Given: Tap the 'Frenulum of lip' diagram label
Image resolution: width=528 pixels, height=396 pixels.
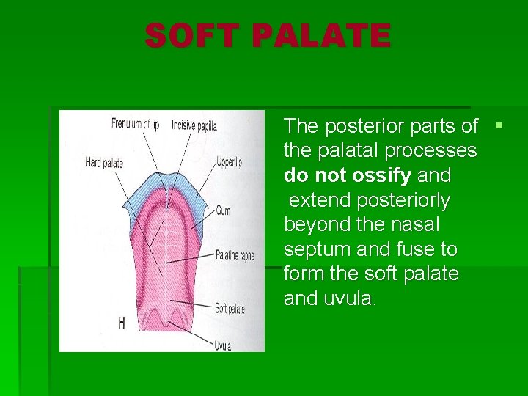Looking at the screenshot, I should pos(135,124).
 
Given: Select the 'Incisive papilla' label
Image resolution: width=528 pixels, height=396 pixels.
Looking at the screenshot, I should pos(194,125).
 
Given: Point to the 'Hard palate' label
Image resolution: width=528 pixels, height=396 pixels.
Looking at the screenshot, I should pos(104,163).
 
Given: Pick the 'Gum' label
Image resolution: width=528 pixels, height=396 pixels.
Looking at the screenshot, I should pos(223,210).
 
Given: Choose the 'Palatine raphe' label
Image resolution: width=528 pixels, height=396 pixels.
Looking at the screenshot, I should pos(235,255).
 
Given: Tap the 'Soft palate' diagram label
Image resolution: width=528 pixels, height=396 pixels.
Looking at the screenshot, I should pos(230,309).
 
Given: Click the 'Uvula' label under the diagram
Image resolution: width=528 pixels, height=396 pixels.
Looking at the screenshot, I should pos(224,344).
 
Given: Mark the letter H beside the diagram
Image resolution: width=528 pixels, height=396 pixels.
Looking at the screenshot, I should pos(122,323).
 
